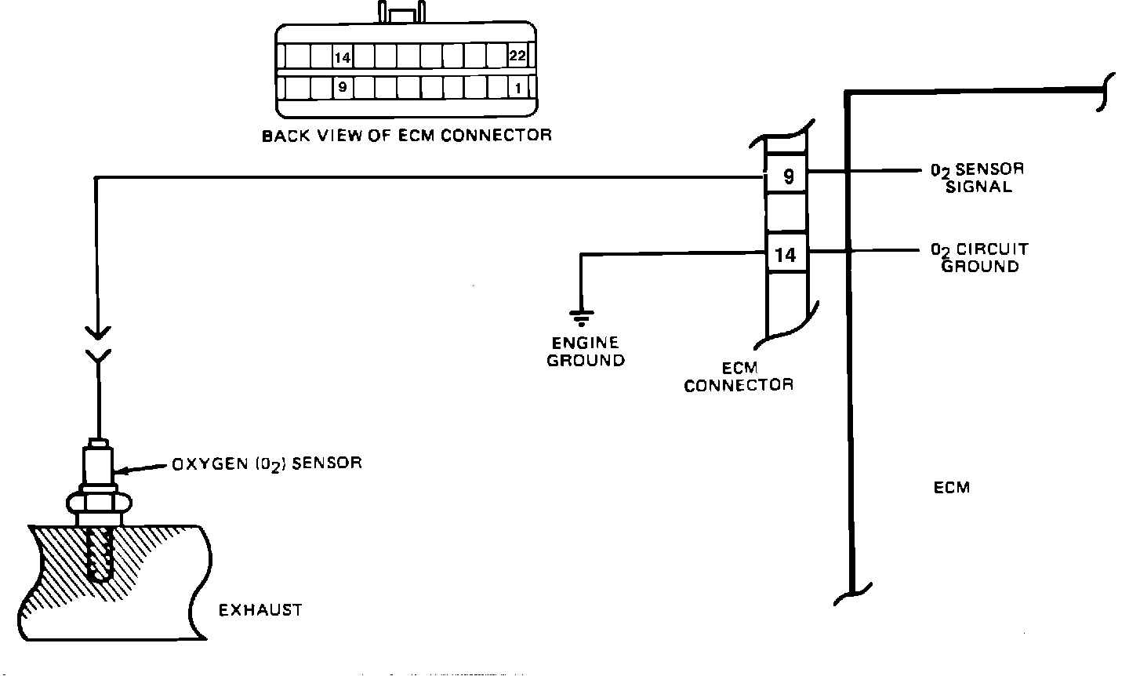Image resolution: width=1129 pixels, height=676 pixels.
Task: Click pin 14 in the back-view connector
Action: coord(342,57)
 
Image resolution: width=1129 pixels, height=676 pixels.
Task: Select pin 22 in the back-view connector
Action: coord(517,56)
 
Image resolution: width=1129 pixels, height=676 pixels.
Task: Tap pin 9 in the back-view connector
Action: coord(342,87)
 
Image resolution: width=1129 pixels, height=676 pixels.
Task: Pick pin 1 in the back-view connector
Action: coord(517,88)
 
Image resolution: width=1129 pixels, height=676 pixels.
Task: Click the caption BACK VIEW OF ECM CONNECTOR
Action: coord(406,136)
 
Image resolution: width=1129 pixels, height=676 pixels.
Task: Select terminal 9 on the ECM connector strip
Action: coord(788,176)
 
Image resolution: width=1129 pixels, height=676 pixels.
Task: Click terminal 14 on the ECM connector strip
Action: coord(786,255)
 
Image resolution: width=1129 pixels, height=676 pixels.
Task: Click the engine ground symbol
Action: coord(581,317)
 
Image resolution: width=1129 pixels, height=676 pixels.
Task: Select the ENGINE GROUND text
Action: coord(585,352)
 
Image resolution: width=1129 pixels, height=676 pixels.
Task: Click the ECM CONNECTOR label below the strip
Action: coord(739,377)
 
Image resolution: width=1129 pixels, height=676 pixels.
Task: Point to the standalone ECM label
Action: coord(952,488)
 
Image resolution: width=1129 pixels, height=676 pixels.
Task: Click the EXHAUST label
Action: coord(260,610)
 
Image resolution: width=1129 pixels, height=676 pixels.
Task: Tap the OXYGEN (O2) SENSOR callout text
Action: coord(267,463)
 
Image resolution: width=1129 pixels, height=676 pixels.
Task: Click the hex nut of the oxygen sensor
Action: coord(97,500)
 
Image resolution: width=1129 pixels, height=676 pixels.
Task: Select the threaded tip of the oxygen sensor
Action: coord(100,553)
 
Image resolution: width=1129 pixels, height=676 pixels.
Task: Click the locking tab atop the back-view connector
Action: coord(401,14)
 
